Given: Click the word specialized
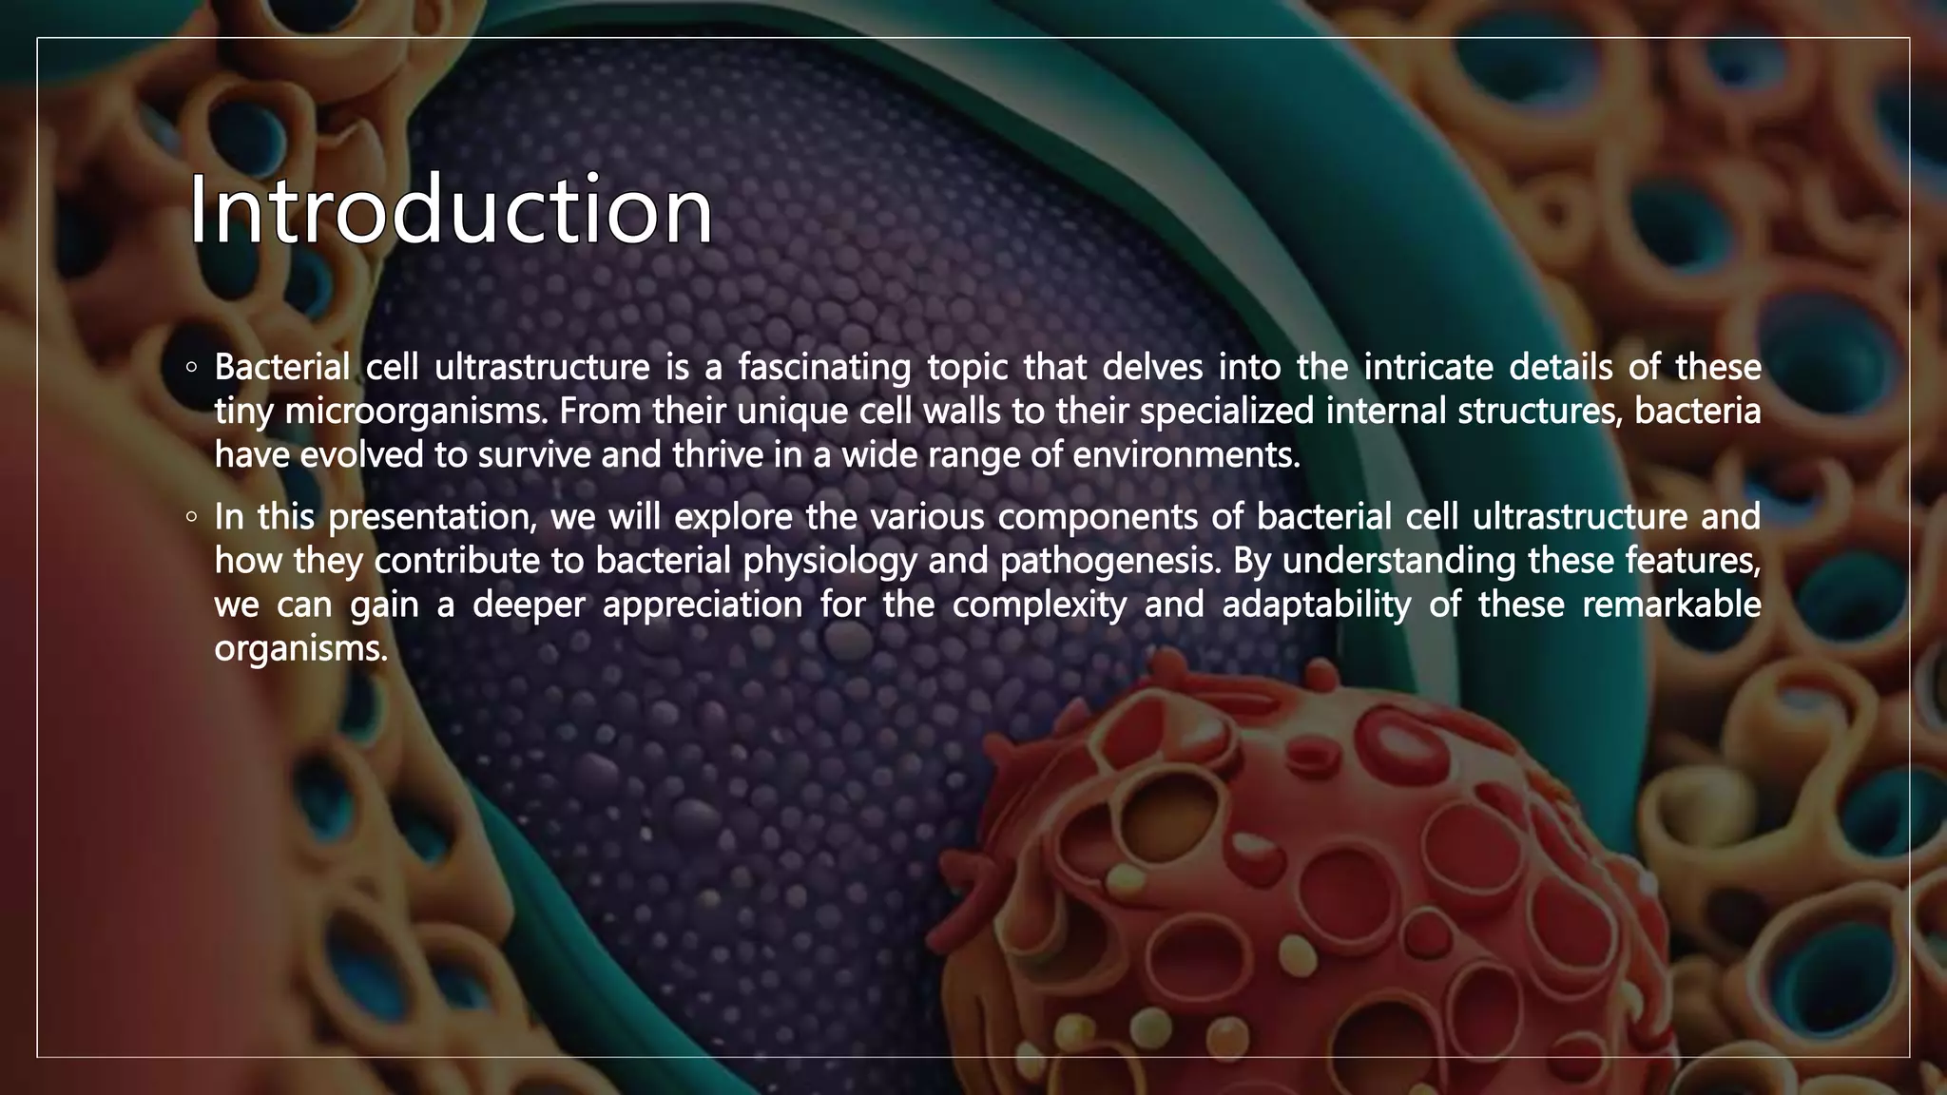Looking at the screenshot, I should [x=1226, y=412].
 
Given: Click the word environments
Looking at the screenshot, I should [x=1186, y=455].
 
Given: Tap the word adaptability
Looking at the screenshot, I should [x=1317, y=605].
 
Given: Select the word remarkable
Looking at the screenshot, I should [x=1671, y=605].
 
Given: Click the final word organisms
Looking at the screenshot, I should [x=301, y=649].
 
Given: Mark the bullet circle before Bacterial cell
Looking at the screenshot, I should [x=192, y=367].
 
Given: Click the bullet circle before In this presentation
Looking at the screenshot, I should [x=192, y=518].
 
